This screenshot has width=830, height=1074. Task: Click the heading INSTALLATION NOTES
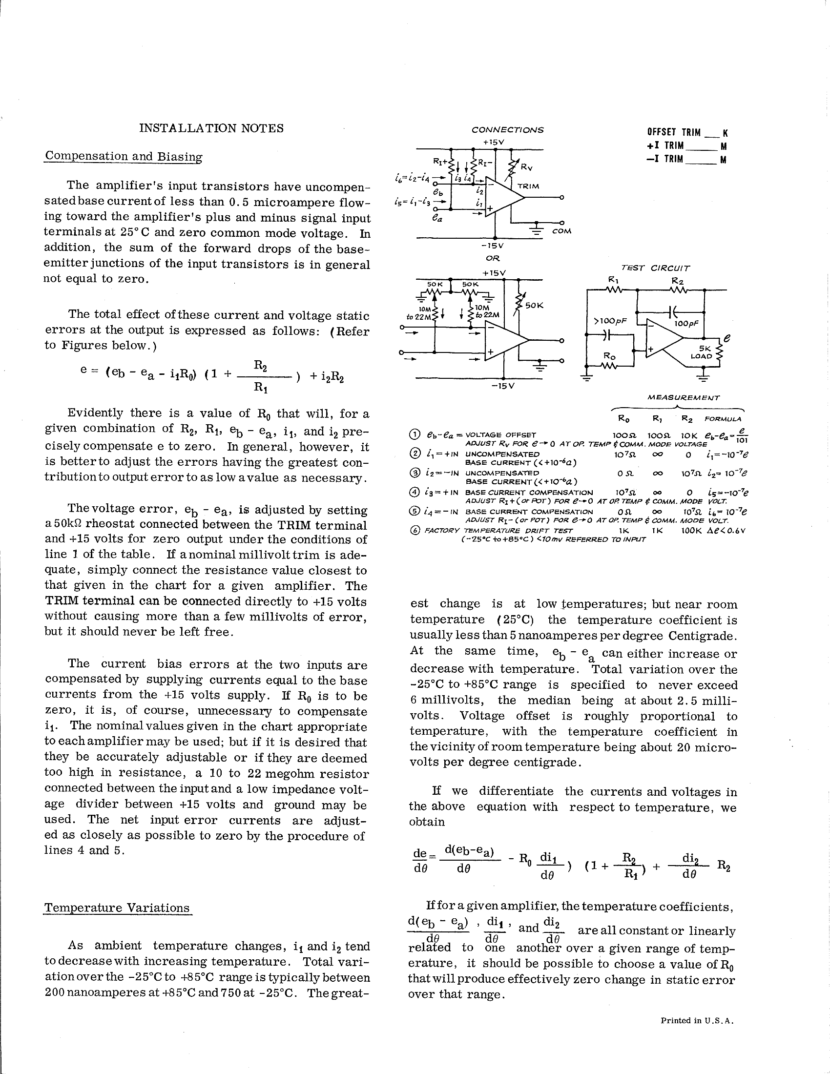(x=211, y=128)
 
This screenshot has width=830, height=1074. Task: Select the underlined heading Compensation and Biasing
(x=123, y=156)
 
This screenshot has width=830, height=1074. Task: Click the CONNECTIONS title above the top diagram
(x=507, y=130)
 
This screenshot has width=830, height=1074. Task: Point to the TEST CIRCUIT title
(x=655, y=268)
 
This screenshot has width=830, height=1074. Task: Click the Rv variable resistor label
(x=526, y=167)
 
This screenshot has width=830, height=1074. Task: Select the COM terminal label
(x=562, y=230)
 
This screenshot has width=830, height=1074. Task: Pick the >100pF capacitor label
(x=610, y=321)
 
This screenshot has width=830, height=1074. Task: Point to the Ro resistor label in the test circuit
(x=610, y=355)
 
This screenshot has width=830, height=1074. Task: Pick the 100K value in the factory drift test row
(x=691, y=531)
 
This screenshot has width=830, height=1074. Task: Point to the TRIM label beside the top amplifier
(x=529, y=186)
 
